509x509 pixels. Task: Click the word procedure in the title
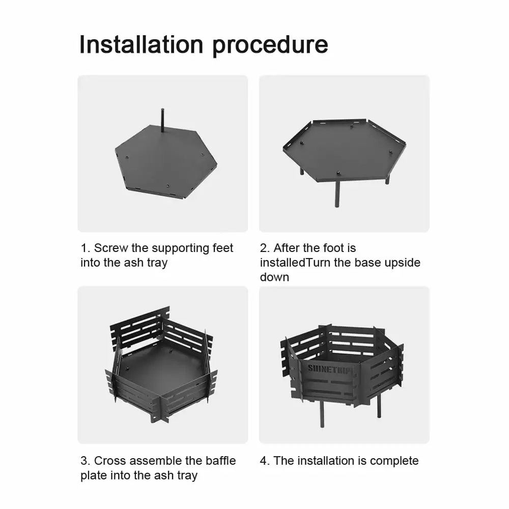[270, 46]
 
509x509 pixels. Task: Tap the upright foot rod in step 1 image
[162, 120]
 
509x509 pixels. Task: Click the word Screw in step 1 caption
[111, 248]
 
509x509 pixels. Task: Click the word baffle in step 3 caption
[220, 461]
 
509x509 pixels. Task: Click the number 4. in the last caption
[265, 461]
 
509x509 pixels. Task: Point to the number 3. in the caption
[85, 461]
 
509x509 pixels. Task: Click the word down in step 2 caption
[274, 277]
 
